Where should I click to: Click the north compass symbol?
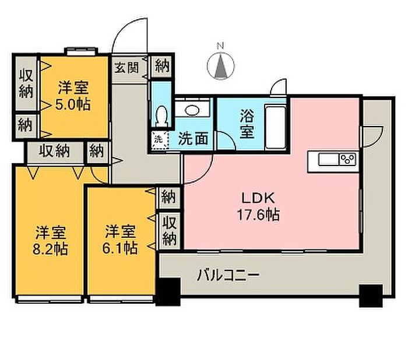pyautogui.click(x=221, y=66)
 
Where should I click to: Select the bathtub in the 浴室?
pyautogui.click(x=275, y=127)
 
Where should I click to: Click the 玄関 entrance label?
pyautogui.click(x=127, y=68)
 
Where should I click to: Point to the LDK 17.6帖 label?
pyautogui.click(x=259, y=206)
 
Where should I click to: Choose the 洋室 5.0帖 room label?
pyautogui.click(x=73, y=96)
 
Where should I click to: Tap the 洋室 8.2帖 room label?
pyautogui.click(x=50, y=240)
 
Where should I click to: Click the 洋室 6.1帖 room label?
pyautogui.click(x=120, y=240)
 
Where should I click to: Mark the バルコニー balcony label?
pyautogui.click(x=228, y=275)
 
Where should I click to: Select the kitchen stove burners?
pyautogui.click(x=348, y=159)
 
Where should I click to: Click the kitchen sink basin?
pyautogui.click(x=329, y=159)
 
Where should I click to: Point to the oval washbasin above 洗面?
pyautogui.click(x=192, y=110)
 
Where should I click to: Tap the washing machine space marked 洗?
pyautogui.click(x=159, y=139)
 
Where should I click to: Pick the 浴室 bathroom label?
pyautogui.click(x=247, y=124)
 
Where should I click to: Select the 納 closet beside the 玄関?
pyautogui.click(x=163, y=66)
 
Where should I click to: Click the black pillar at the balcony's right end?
pyautogui.click(x=371, y=296)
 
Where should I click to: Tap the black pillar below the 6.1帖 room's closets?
pyautogui.click(x=168, y=291)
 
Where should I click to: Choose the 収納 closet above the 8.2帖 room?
pyautogui.click(x=54, y=151)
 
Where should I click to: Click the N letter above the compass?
pyautogui.click(x=221, y=46)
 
